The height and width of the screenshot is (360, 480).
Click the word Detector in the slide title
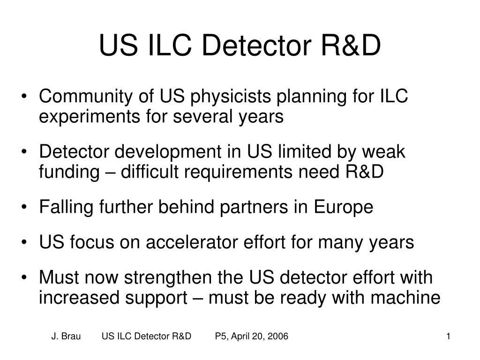(x=256, y=45)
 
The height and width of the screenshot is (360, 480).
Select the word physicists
(x=231, y=96)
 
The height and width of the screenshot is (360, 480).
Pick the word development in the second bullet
(x=168, y=152)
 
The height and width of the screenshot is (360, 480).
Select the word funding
(x=69, y=172)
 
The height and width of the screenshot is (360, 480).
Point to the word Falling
(x=66, y=207)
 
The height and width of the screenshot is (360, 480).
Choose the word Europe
(x=343, y=207)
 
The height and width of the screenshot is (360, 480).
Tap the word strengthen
(x=168, y=277)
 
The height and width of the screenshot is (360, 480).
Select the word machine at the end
(x=405, y=298)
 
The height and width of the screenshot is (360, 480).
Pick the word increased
(x=79, y=298)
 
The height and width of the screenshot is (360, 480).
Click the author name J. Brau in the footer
(x=66, y=336)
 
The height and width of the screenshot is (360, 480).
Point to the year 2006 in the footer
(x=277, y=336)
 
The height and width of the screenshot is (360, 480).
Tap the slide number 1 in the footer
(x=448, y=336)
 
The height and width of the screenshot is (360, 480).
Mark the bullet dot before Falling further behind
(x=24, y=207)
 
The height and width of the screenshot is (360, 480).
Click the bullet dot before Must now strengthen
(x=24, y=277)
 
